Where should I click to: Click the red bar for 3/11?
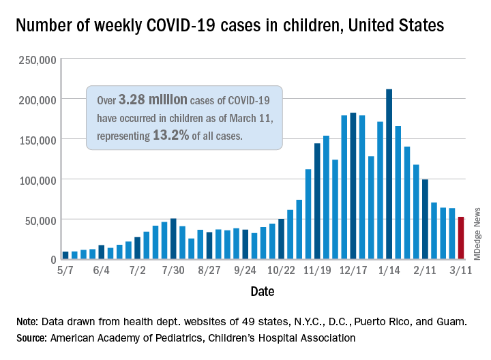[461, 239]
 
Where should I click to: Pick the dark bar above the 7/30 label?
[173, 239]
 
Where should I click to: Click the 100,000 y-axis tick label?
[37, 179]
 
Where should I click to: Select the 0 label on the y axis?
[51, 260]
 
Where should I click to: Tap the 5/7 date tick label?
[65, 271]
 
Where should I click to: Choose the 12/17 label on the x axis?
[353, 271]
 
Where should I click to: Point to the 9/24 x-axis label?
[244, 271]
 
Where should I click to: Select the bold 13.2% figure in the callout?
[169, 136]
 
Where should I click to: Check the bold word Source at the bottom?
[33, 337]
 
